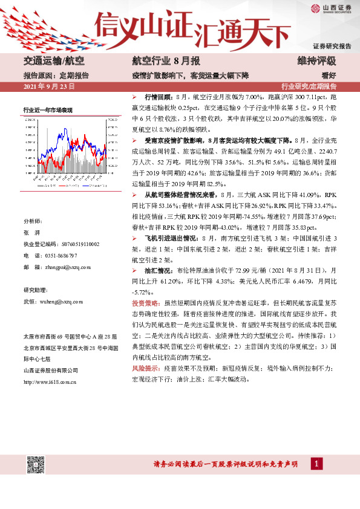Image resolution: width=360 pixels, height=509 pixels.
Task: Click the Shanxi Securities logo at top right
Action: coord(332,8)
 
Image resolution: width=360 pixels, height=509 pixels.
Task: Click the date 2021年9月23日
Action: coord(48,87)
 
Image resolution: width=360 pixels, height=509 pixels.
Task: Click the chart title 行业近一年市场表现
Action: coord(48,109)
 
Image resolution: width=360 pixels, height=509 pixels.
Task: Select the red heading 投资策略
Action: coord(145,302)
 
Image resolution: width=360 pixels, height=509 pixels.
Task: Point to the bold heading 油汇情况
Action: coord(157,271)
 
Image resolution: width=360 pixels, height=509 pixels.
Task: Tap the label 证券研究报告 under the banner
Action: coord(332,46)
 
